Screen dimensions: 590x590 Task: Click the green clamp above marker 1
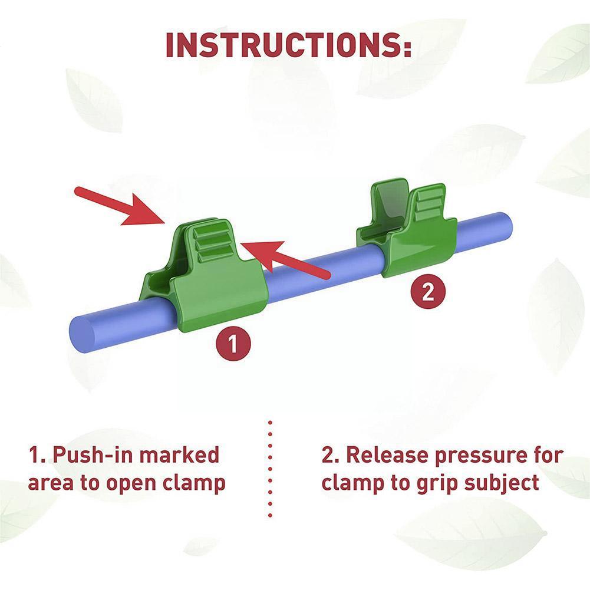(206, 277)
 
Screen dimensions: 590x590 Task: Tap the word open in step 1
(133, 483)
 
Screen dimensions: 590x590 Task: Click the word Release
(377, 456)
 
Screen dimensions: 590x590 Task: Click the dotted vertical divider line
(271, 469)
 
